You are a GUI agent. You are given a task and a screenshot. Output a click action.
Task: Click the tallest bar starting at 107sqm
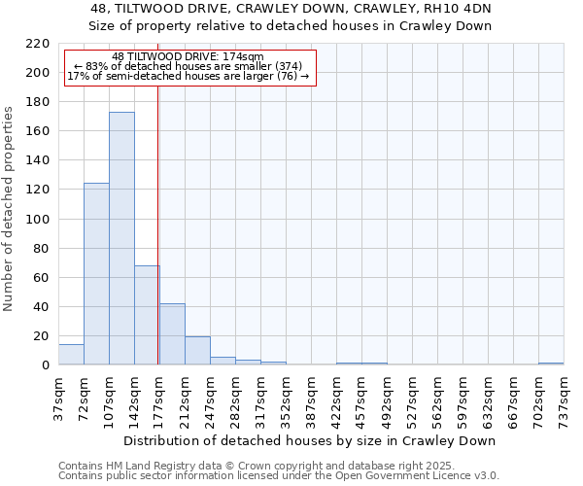tap(121, 238)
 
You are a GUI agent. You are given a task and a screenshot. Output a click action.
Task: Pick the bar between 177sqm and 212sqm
tap(172, 334)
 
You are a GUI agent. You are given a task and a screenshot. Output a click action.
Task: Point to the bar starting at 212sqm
tap(197, 351)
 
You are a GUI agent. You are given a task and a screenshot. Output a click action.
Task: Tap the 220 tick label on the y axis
tap(38, 44)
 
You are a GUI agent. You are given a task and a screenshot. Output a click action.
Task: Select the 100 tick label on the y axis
tap(38, 220)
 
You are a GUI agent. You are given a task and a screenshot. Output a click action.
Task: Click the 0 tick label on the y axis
tap(45, 365)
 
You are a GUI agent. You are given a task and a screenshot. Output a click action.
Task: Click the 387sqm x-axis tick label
tap(311, 397)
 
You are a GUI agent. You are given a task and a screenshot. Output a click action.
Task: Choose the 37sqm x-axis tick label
tap(58, 397)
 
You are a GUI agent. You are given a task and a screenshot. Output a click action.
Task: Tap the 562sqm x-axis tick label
tap(437, 397)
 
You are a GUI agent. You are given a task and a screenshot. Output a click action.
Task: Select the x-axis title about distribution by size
tap(311, 440)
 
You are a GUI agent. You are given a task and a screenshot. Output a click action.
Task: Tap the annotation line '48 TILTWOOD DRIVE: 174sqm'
tap(188, 57)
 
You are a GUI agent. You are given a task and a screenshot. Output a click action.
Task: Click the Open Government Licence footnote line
tap(279, 476)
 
